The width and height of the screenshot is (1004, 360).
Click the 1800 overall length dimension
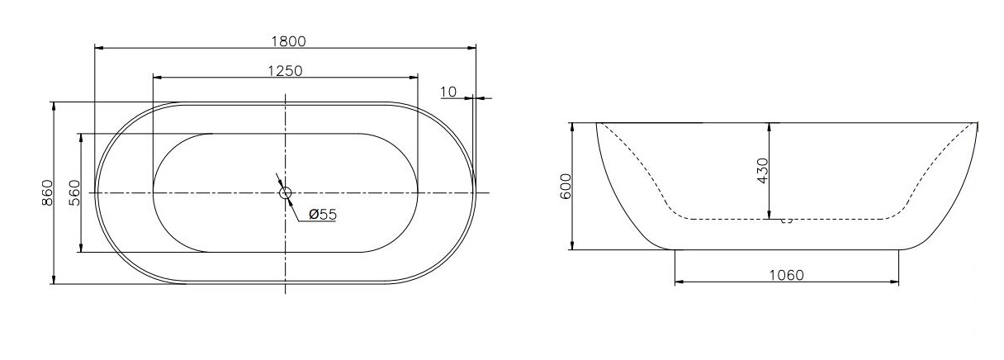[288, 41]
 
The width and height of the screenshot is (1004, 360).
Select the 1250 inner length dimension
[285, 71]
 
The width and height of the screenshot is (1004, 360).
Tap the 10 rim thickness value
[448, 92]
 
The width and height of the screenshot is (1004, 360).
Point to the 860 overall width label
[48, 192]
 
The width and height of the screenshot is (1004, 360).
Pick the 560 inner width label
[74, 192]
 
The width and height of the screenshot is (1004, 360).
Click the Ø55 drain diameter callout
[323, 215]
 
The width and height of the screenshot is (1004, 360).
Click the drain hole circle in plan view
[286, 192]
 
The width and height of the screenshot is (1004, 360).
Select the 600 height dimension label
[566, 186]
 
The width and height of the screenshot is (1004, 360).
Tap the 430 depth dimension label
[762, 170]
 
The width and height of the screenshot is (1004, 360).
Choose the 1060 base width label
[787, 275]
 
